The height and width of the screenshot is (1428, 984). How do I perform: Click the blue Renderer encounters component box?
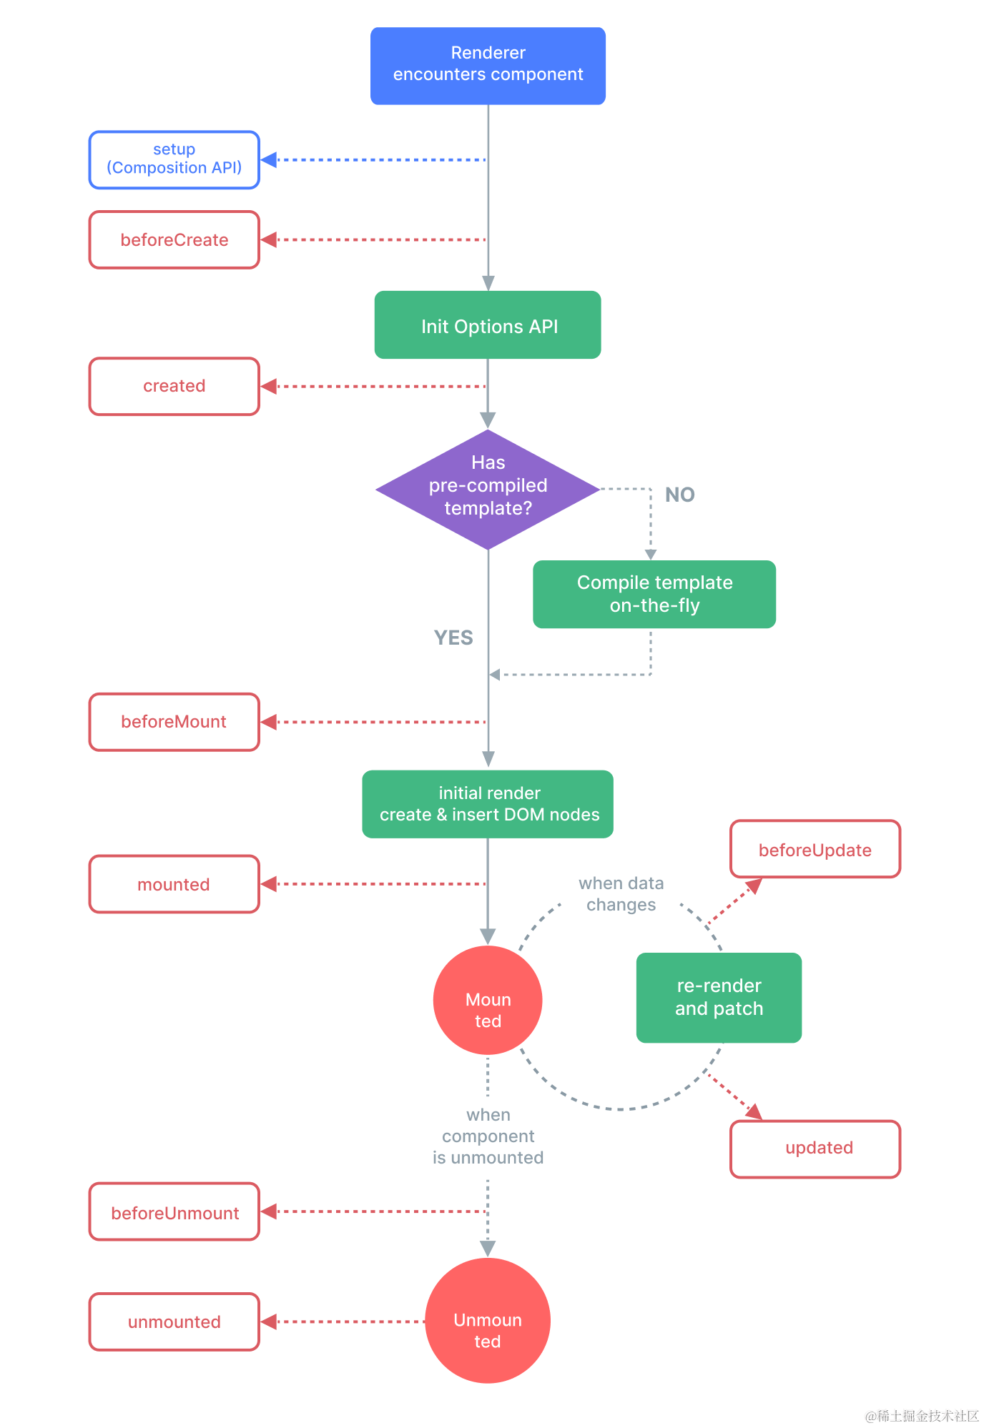click(488, 66)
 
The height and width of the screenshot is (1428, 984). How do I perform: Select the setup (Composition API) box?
click(174, 160)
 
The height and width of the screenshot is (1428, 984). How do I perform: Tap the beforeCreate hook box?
click(174, 240)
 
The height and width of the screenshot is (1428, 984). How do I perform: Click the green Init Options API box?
click(488, 325)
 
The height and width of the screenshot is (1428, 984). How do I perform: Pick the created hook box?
click(174, 387)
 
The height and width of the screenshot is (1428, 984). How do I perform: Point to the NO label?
click(679, 495)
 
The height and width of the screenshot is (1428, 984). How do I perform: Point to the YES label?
click(453, 638)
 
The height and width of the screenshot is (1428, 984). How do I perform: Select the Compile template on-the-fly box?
click(654, 594)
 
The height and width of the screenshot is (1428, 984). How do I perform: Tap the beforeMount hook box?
click(174, 722)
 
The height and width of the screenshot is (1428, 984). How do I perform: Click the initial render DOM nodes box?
click(488, 804)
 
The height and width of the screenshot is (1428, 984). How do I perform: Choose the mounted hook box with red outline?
click(174, 884)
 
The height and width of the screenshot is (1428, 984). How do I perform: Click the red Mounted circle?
click(488, 1001)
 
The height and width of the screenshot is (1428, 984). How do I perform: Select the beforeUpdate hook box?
click(815, 849)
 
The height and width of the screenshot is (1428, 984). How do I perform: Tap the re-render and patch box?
click(719, 998)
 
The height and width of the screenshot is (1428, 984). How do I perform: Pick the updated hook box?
click(815, 1149)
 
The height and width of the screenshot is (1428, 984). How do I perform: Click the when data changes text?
click(621, 894)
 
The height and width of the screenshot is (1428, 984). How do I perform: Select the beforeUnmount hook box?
click(174, 1212)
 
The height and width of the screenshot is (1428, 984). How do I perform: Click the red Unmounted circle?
click(488, 1321)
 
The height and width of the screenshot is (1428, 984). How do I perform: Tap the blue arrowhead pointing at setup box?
click(269, 160)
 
